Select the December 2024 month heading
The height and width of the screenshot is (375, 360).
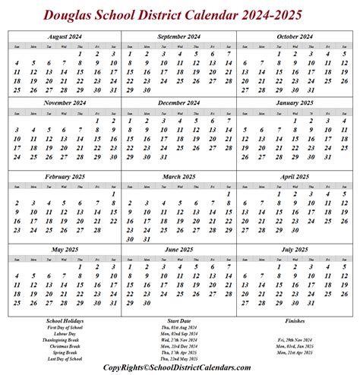tap(178, 102)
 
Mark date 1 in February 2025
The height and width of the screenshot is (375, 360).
tap(114, 194)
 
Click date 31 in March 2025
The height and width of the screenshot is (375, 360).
tap(147, 238)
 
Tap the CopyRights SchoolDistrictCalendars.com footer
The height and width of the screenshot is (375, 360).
tap(178, 367)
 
